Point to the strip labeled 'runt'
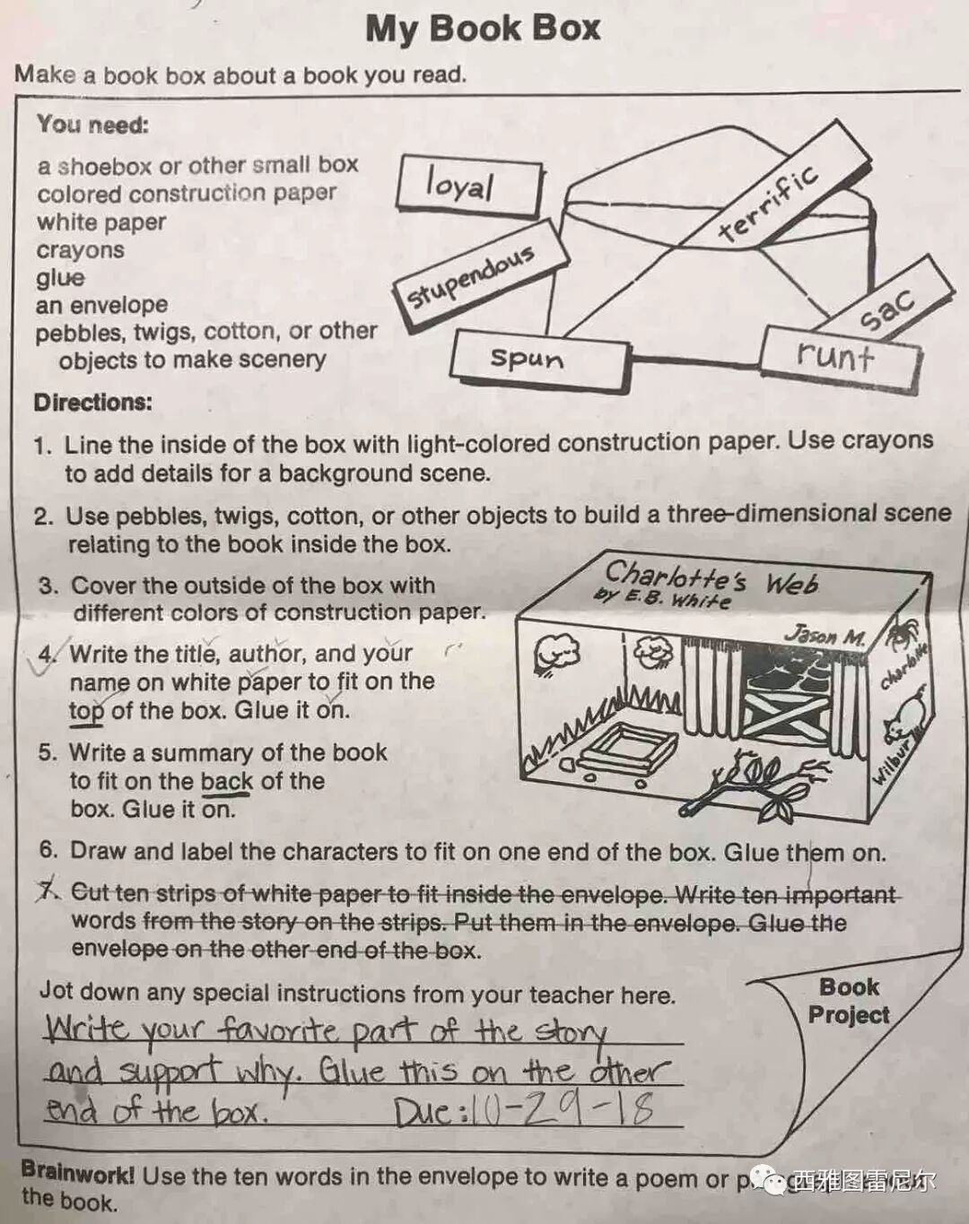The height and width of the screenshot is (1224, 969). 838,355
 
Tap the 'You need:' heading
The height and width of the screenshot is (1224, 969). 92,125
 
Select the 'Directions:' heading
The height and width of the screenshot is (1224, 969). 93,402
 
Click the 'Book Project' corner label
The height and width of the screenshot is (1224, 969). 848,1001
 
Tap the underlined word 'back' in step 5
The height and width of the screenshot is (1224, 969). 226,782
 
